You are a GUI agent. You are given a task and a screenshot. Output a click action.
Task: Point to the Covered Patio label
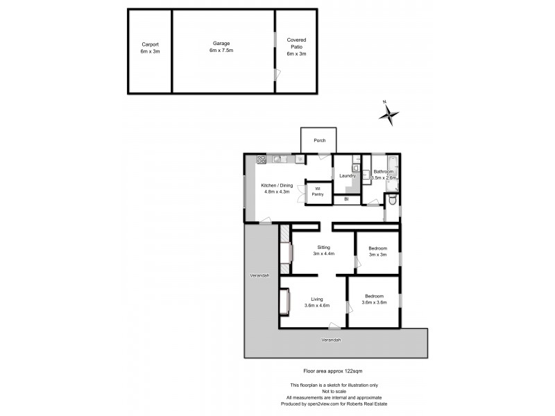(x=296, y=47)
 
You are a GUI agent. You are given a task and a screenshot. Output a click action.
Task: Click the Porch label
(x=319, y=141)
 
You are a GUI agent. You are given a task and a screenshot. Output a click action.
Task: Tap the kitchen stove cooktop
(x=262, y=159)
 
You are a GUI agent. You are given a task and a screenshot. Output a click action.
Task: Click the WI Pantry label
(x=317, y=191)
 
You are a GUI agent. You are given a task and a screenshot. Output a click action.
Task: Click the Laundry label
(x=348, y=175)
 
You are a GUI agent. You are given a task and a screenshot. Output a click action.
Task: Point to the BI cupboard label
(x=346, y=200)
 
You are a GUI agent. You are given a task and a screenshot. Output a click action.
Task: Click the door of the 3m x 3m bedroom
(x=356, y=261)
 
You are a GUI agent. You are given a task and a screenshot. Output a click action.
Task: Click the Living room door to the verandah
(x=334, y=326)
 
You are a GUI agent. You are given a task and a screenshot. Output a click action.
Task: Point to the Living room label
(x=316, y=299)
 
